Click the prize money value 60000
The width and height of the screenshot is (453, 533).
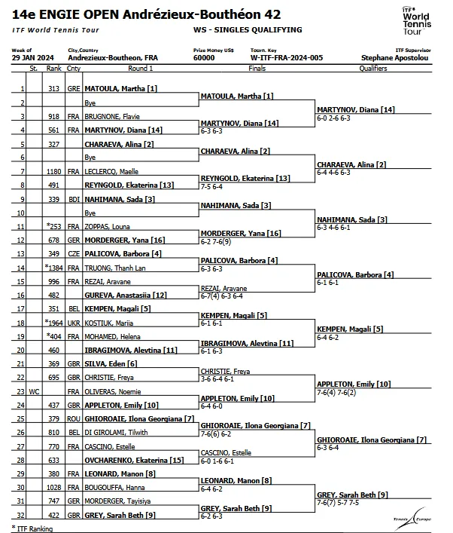(203, 57)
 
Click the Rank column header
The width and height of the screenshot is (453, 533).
(53, 69)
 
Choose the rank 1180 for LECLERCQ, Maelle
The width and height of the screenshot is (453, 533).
(53, 171)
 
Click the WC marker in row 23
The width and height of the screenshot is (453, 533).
(33, 392)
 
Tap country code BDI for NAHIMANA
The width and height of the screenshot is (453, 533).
(73, 199)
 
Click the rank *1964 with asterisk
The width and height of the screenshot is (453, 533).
(53, 323)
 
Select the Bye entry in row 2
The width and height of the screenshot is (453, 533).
(90, 103)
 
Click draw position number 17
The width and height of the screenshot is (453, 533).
(23, 309)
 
